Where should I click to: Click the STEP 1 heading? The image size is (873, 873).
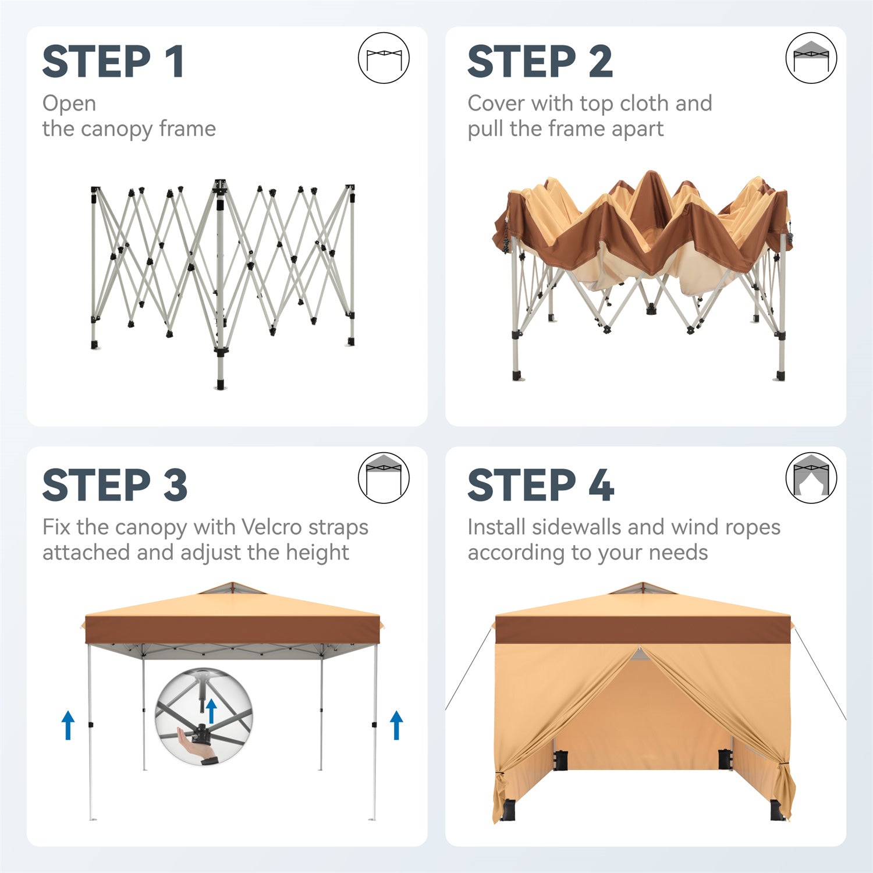point(113,62)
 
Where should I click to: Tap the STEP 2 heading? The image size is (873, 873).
point(540,62)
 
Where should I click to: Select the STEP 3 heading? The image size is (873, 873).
point(115,485)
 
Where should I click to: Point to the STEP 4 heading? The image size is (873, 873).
point(541,485)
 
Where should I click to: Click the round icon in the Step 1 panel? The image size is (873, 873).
point(384,58)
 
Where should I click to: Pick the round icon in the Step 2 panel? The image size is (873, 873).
point(811,58)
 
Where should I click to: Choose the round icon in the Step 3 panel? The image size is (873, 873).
point(384,478)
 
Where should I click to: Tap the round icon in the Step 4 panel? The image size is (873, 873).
point(811,478)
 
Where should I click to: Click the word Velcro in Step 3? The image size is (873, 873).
point(272,527)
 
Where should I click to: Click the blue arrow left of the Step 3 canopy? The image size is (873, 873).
point(68,725)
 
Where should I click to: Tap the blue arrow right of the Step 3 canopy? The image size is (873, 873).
point(396,725)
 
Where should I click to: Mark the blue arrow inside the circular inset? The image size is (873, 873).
point(211,711)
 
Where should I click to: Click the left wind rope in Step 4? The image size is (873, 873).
point(469,669)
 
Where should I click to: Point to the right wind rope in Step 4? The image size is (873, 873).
point(821,674)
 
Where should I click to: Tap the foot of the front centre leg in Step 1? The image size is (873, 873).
point(220,385)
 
